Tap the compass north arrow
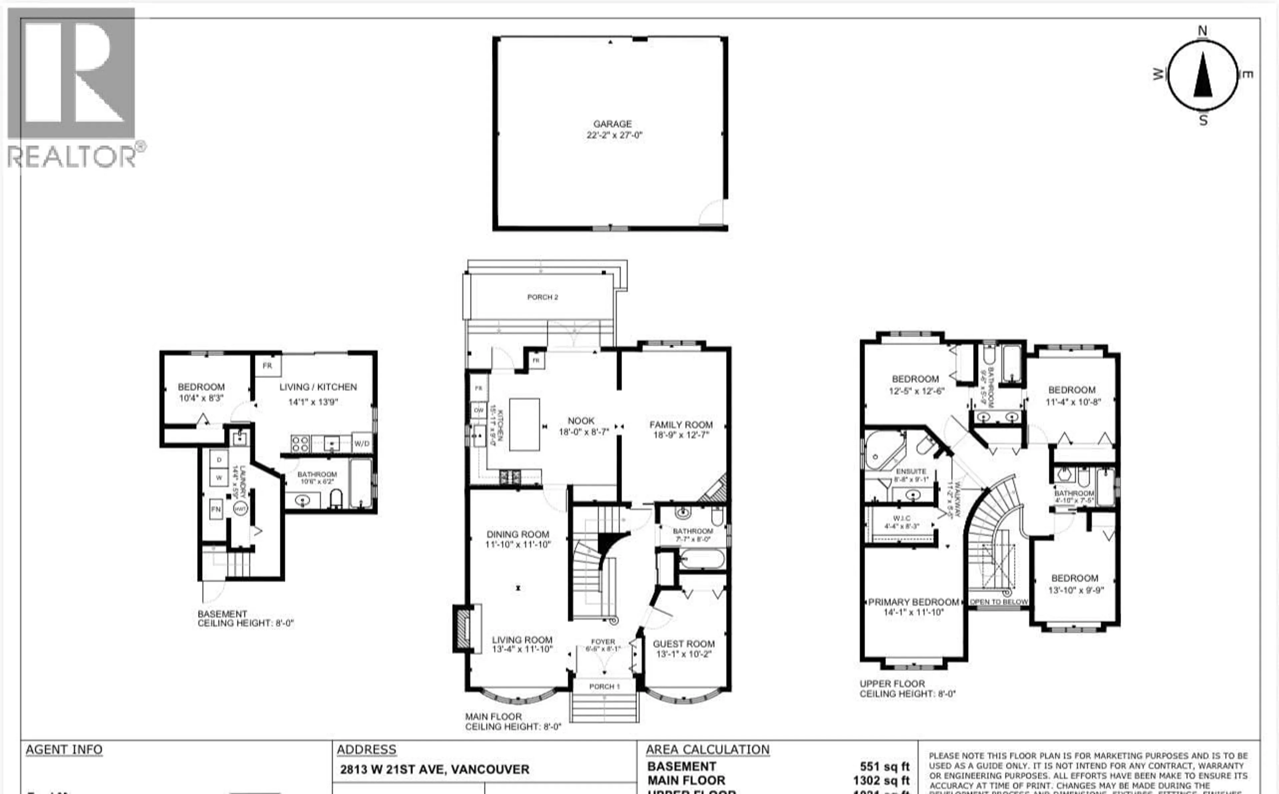click(x=1202, y=77)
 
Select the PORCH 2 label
click(x=542, y=297)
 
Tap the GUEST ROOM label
click(x=683, y=644)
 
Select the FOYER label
click(x=603, y=642)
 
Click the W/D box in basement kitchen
click(x=362, y=443)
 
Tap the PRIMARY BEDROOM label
click(x=913, y=602)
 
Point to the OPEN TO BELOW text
click(x=998, y=602)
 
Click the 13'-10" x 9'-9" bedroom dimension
click(x=1076, y=590)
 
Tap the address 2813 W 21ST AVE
click(x=434, y=769)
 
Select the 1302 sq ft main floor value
click(x=881, y=781)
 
